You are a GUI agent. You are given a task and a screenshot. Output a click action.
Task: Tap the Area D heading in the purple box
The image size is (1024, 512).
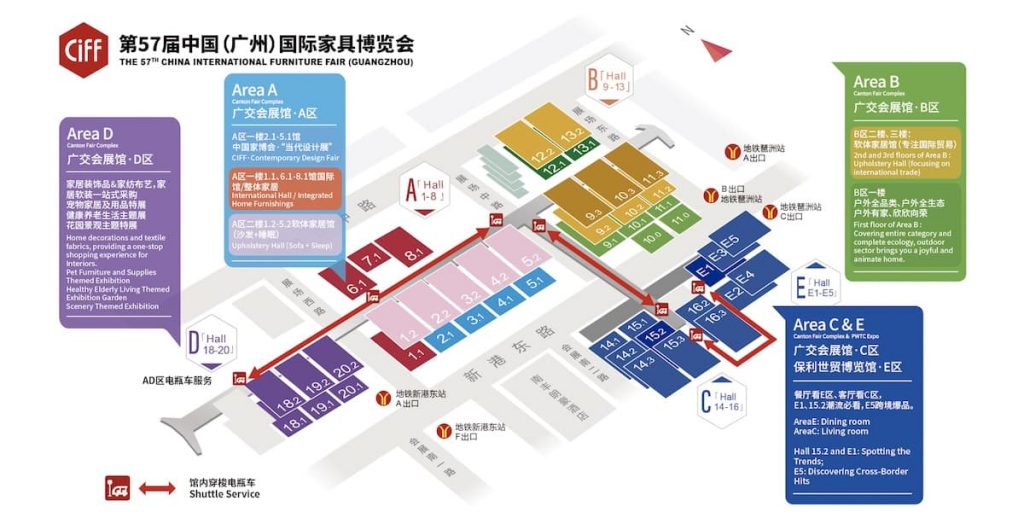coord(90,134)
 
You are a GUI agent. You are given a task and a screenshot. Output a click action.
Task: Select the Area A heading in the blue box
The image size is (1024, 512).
coord(255,91)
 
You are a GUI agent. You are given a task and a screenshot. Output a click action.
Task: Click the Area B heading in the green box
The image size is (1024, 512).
coord(876,82)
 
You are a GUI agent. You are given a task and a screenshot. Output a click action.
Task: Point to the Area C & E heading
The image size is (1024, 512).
coord(829,325)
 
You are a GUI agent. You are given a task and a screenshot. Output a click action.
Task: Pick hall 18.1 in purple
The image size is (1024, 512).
coord(295,424)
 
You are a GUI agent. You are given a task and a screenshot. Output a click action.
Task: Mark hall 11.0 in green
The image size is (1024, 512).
coord(680,217)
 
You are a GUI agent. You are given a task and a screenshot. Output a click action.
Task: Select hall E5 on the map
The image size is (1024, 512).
coord(729,241)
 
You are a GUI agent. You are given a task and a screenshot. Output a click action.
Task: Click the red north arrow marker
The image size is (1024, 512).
coord(716,48)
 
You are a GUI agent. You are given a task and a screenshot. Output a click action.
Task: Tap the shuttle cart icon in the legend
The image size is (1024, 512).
coord(119,488)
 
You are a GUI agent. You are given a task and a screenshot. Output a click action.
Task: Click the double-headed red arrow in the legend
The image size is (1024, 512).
coord(157,488)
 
